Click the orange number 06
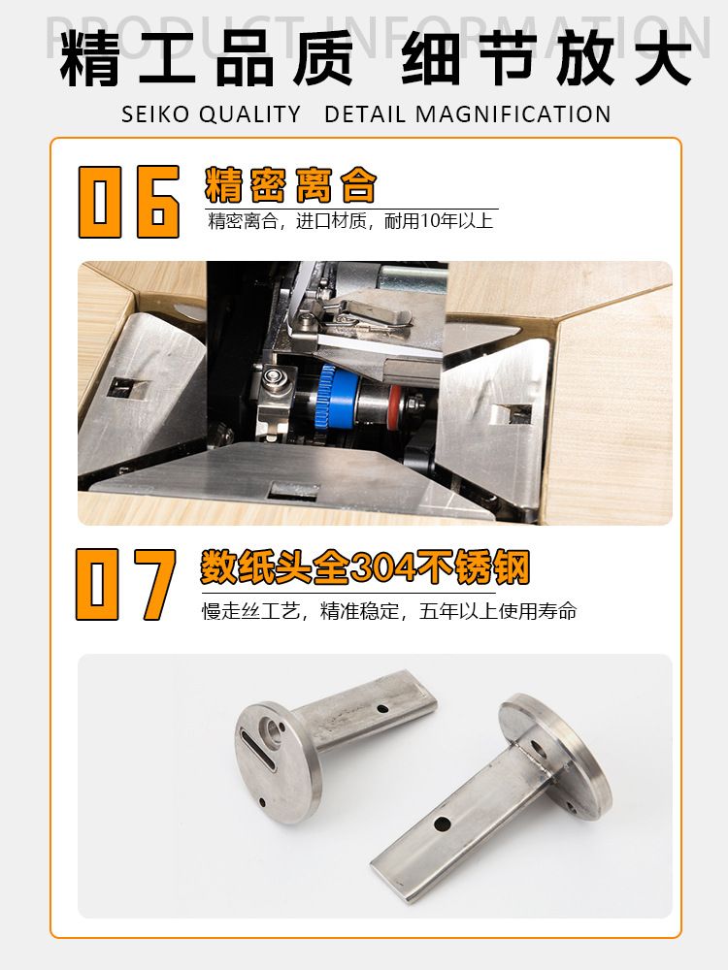tap(129, 202)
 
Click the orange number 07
tap(126, 585)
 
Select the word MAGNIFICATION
tap(513, 114)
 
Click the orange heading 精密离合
tap(290, 185)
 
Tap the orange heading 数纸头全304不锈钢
tap(365, 566)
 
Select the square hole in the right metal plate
tap(512, 414)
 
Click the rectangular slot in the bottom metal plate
tap(295, 492)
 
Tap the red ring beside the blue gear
tap(394, 404)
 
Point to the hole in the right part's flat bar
tap(442, 824)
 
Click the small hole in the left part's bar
tap(382, 708)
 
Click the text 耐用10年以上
tap(439, 221)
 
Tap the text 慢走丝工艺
tap(251, 611)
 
